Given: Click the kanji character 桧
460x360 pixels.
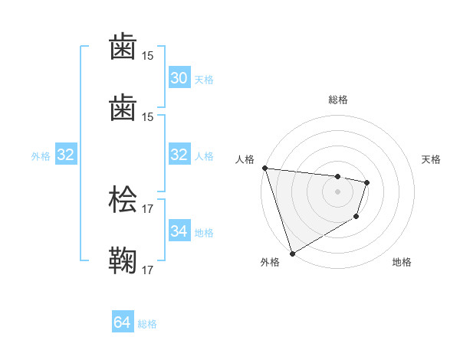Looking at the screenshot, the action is (124, 199).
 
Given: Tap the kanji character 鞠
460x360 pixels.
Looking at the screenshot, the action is (124, 260).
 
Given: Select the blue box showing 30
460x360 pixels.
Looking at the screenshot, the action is (179, 78).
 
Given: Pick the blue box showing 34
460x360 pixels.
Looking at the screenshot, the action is (179, 231).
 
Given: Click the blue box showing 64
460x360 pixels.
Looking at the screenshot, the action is (123, 322).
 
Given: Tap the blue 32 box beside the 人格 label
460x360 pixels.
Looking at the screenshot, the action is (179, 155).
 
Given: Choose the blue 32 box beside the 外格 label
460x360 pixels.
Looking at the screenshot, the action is (65, 155).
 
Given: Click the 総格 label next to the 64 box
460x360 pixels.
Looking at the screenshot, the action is (147, 324).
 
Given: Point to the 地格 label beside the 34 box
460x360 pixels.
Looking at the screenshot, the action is (204, 232).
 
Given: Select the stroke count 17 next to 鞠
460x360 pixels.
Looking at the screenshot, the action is (148, 270).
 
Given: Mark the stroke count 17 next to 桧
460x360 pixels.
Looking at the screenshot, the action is (148, 208).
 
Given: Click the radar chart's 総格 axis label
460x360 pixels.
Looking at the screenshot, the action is (337, 100).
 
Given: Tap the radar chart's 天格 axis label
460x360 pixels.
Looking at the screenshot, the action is (431, 159).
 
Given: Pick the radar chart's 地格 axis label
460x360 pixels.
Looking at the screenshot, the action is (402, 263).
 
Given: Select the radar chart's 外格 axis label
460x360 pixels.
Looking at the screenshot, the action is (270, 263).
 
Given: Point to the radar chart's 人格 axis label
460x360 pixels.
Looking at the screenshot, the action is (245, 159).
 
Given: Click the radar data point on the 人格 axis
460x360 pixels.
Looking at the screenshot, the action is (264, 168).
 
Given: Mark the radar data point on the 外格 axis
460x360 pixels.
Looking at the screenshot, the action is (292, 253).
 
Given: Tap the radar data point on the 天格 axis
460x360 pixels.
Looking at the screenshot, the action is (368, 182).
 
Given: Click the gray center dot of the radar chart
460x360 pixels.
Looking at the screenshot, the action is (337, 191).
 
